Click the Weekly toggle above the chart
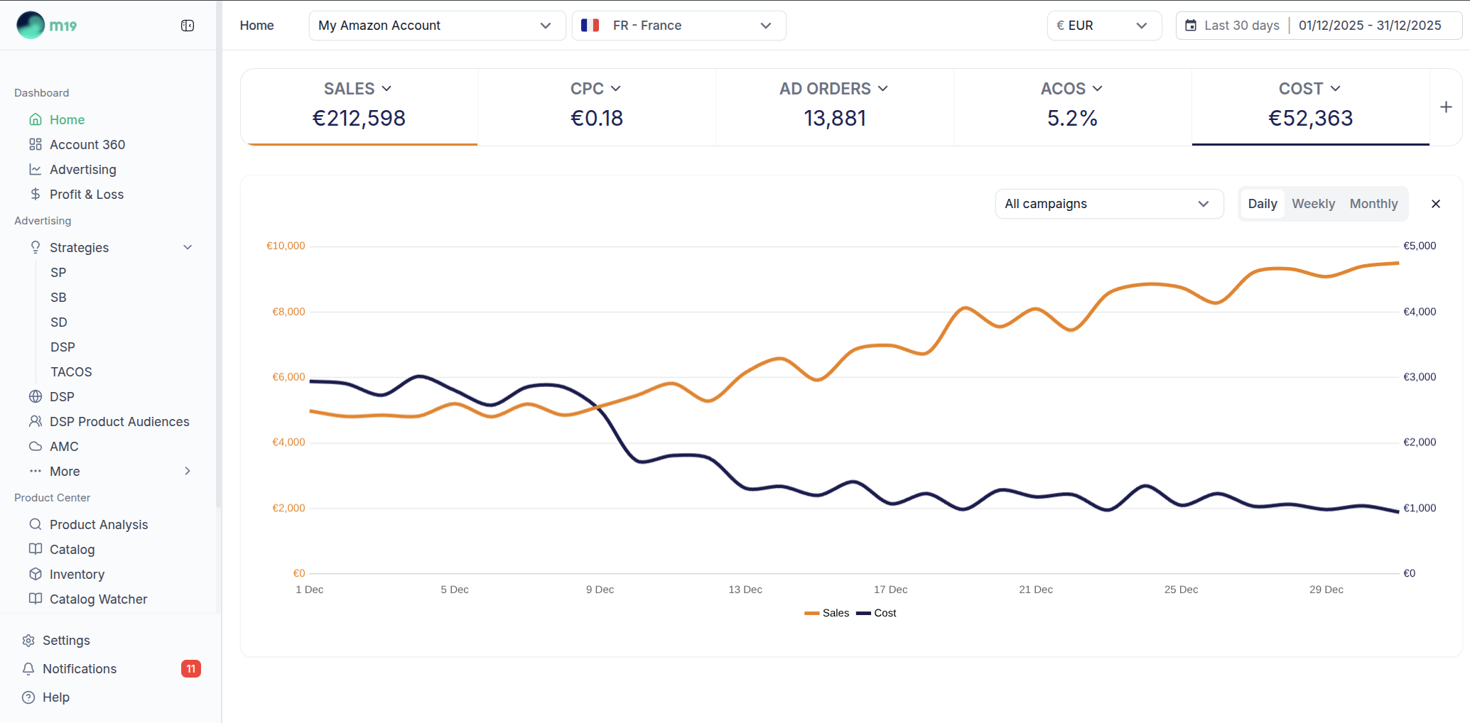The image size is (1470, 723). [1313, 204]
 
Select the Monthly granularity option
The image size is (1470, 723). [1373, 204]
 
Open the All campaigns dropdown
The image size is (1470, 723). [1108, 204]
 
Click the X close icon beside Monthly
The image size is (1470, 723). [1435, 204]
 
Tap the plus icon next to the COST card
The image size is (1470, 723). [1446, 107]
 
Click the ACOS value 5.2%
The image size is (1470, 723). [1072, 118]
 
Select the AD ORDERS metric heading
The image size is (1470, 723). [833, 89]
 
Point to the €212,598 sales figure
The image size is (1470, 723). [359, 118]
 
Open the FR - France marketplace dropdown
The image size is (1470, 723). [679, 26]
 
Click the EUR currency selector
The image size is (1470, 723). [1103, 26]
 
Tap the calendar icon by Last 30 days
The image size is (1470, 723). [1191, 26]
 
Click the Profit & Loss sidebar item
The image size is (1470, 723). [87, 195]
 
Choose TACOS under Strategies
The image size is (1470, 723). [71, 372]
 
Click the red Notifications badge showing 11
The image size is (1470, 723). [191, 669]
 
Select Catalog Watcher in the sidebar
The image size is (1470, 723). [98, 599]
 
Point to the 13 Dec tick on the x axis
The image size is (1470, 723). [745, 589]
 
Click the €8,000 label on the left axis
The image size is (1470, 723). [288, 312]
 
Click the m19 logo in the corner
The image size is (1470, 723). [47, 26]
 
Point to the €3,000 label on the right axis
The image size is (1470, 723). [1419, 377]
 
